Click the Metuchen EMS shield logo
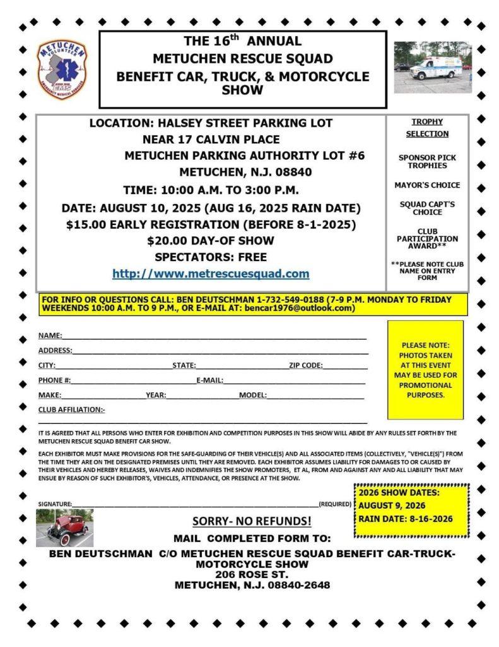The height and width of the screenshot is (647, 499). pyautogui.click(x=62, y=69)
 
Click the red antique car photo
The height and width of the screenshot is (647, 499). pyautogui.click(x=64, y=528)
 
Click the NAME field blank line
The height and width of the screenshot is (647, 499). pyautogui.click(x=214, y=337)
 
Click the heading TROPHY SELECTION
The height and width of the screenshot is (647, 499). pyautogui.click(x=427, y=128)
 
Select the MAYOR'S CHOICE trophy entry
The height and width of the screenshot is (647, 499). pyautogui.click(x=427, y=185)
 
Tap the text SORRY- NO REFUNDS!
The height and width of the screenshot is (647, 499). pyautogui.click(x=252, y=521)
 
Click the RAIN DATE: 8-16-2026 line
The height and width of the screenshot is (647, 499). pyautogui.click(x=406, y=519)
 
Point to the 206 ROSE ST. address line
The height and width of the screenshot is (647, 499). pyautogui.click(x=252, y=574)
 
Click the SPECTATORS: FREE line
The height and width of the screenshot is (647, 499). pyautogui.click(x=211, y=257)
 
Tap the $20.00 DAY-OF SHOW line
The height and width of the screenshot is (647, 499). pyautogui.click(x=211, y=241)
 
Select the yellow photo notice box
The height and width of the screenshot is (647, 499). pyautogui.click(x=425, y=370)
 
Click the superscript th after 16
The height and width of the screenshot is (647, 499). pyautogui.click(x=235, y=37)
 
